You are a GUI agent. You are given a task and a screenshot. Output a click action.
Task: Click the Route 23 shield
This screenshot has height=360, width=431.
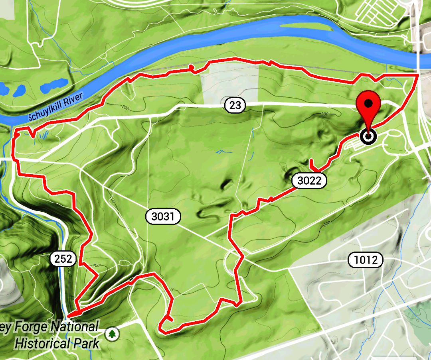235,105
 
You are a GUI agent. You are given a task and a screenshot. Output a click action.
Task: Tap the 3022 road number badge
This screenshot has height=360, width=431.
309,181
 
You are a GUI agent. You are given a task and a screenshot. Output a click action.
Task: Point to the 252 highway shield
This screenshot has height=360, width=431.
63,259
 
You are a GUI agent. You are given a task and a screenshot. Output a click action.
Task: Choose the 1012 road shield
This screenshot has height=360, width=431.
365,260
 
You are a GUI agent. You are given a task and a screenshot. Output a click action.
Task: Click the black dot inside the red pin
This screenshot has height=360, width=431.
368,103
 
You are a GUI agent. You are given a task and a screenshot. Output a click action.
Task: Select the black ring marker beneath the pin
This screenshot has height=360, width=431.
368,137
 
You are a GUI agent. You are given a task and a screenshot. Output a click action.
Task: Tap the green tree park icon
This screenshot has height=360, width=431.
113,333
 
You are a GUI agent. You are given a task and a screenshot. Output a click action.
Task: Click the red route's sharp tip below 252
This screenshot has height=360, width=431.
69,315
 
